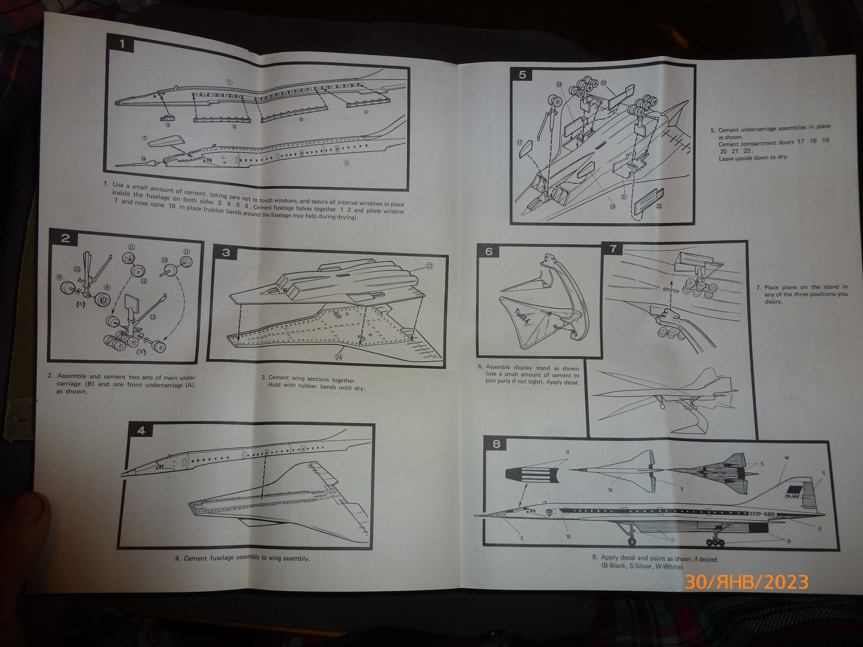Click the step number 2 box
point(65,238)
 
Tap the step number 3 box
point(226,252)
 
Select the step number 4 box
point(141,431)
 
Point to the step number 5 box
point(523,75)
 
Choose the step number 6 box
point(489,251)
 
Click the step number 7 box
point(613,248)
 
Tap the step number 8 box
point(496,444)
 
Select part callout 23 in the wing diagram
point(429,266)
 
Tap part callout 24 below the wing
point(339,357)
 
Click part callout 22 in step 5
point(659,206)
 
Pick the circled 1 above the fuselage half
point(230,82)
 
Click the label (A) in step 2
point(80,305)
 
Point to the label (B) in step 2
point(141,351)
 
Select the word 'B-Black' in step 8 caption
point(615,566)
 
